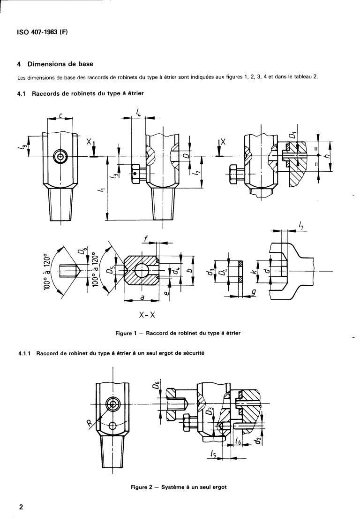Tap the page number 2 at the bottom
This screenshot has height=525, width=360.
coord(21,507)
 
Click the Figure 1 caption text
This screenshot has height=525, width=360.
coord(178,333)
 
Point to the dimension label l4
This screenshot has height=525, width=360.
coord(139,112)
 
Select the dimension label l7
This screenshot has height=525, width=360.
coord(301,226)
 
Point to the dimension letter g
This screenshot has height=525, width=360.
coord(254,293)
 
